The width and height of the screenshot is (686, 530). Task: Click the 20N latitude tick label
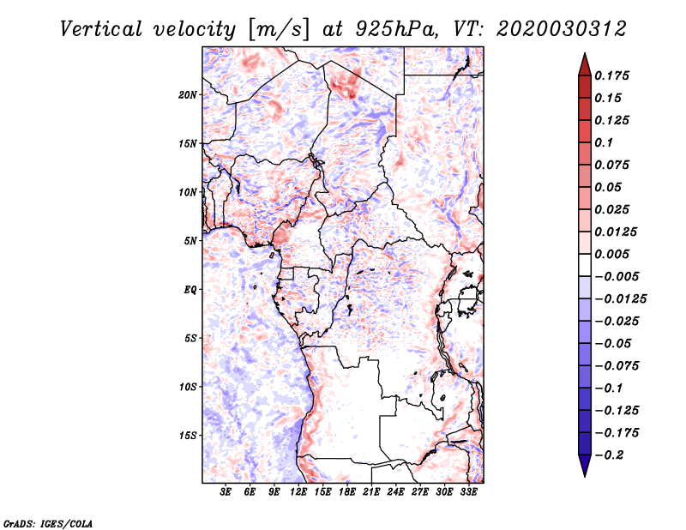[187, 95]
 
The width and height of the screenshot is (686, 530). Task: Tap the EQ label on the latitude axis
[190, 290]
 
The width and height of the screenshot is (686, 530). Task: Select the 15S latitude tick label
[187, 436]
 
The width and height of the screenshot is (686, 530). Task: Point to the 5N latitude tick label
[190, 241]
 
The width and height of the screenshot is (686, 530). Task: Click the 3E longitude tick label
[226, 492]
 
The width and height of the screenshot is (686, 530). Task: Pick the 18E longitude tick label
[347, 492]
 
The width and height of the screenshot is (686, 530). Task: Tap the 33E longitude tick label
[468, 492]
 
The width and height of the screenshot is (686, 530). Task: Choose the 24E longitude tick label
[395, 492]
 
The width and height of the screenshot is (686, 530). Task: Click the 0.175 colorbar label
[611, 75]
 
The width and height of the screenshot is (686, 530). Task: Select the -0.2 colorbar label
[609, 455]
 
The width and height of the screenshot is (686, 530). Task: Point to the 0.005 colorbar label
[611, 254]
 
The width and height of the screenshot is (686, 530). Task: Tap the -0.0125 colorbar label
[620, 299]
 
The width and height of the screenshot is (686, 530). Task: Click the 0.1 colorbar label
[604, 142]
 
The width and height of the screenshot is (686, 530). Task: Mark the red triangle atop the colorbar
[585, 64]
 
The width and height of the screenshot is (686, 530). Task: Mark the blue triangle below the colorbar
[585, 466]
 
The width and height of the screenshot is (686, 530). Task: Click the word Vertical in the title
[101, 29]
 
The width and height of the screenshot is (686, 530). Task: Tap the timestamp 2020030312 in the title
[562, 29]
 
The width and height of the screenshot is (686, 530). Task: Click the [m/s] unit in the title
[279, 30]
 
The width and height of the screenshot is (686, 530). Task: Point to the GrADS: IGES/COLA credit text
[48, 523]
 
